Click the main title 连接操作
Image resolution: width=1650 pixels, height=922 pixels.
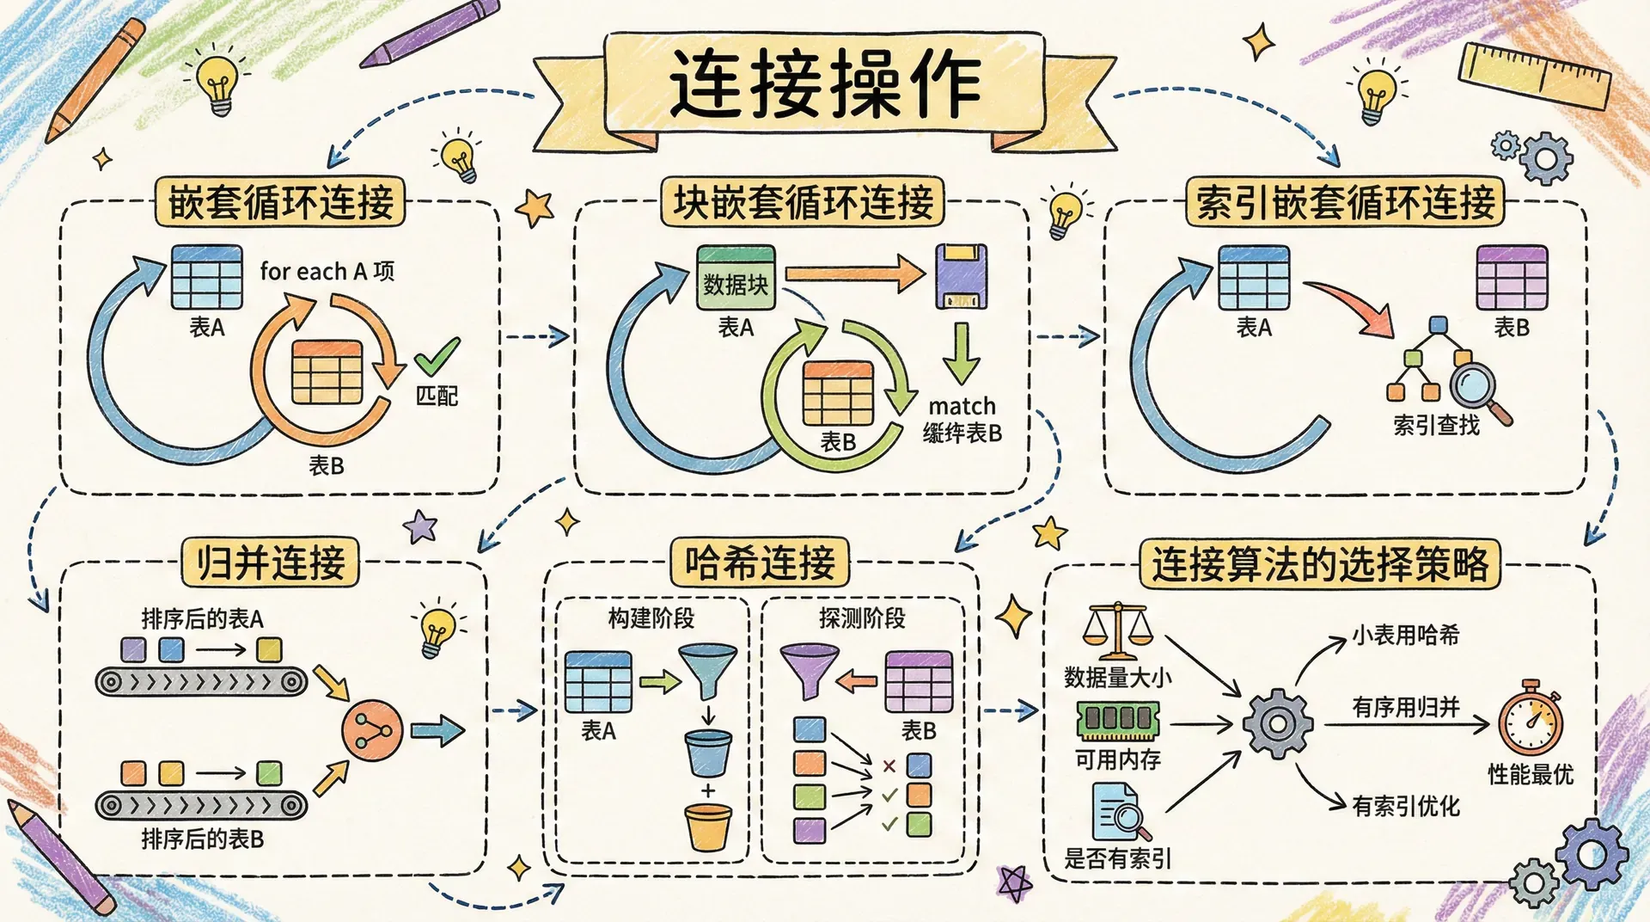(x=825, y=83)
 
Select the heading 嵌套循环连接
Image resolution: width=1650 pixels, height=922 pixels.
(x=280, y=203)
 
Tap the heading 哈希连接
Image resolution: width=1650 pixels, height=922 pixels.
(x=760, y=564)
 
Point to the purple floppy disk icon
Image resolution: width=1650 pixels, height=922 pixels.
(x=961, y=276)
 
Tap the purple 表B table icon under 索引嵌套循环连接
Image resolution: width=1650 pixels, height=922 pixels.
(x=1512, y=278)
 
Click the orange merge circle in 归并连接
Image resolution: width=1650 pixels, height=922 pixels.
(x=371, y=731)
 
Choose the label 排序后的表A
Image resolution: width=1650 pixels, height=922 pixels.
(x=202, y=618)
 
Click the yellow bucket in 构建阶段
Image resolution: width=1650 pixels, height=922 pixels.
(x=708, y=827)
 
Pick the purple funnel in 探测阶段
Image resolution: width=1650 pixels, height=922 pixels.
(x=808, y=670)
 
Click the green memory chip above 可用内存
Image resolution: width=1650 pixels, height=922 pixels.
(x=1118, y=720)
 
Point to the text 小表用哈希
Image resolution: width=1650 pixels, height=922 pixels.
(x=1406, y=636)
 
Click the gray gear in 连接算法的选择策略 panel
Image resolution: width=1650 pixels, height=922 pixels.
(x=1278, y=723)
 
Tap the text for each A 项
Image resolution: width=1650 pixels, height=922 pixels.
(x=327, y=272)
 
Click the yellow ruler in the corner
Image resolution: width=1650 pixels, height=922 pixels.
(x=1535, y=75)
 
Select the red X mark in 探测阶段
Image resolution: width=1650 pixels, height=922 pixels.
(x=889, y=765)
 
